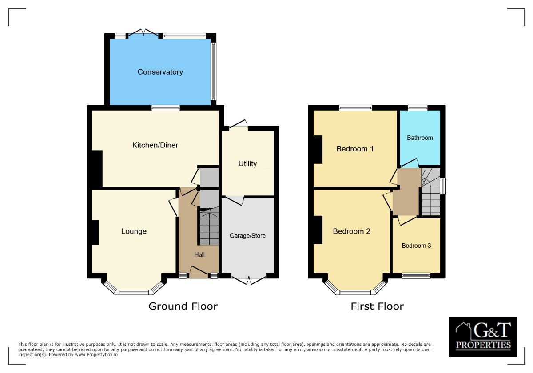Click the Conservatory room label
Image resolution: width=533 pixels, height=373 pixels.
(160, 72)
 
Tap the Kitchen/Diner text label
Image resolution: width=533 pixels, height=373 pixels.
(155, 145)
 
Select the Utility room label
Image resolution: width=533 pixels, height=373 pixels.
(247, 163)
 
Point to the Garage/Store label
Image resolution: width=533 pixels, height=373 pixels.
(247, 235)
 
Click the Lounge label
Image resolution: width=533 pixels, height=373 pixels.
(134, 231)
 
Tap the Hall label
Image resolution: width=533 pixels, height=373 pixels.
(199, 254)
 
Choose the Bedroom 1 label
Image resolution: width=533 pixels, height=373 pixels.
(355, 149)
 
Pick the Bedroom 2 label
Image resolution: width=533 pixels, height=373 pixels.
(351, 231)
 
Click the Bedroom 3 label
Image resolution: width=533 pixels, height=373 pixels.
(416, 246)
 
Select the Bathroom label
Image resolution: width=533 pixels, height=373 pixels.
(420, 138)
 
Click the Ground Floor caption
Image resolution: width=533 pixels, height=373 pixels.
(183, 306)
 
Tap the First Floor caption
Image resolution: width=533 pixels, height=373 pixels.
(377, 306)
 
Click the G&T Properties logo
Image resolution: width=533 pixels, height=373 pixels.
(483, 337)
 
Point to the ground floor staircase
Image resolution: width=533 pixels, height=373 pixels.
(209, 228)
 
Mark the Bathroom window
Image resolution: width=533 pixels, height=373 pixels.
(418, 107)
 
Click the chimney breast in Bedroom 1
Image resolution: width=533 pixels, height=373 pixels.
(318, 149)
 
